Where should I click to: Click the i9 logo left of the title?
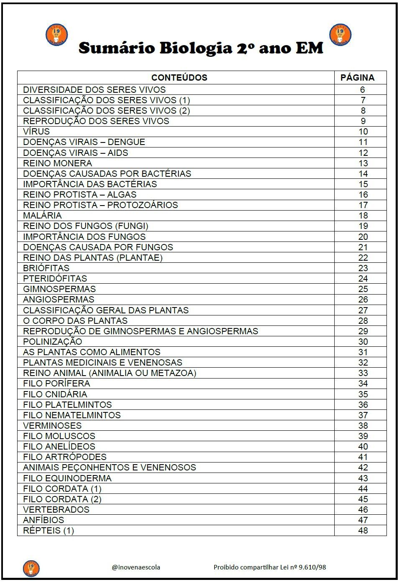(56, 35)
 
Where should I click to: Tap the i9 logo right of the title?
(341, 35)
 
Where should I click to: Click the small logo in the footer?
(31, 568)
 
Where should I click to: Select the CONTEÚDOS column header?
(179, 78)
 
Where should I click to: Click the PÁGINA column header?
(357, 78)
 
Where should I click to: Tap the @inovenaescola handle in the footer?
(136, 567)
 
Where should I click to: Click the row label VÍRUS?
(36, 132)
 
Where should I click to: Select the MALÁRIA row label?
(42, 216)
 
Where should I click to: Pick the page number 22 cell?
(363, 258)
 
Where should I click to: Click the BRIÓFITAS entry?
(46, 268)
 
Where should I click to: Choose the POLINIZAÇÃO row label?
(53, 342)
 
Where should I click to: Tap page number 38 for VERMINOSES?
(363, 426)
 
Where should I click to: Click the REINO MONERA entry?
(58, 163)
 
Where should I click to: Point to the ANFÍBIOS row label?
(43, 520)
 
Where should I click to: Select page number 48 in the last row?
(363, 531)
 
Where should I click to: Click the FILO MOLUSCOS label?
(59, 436)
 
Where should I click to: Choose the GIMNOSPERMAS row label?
(59, 289)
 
